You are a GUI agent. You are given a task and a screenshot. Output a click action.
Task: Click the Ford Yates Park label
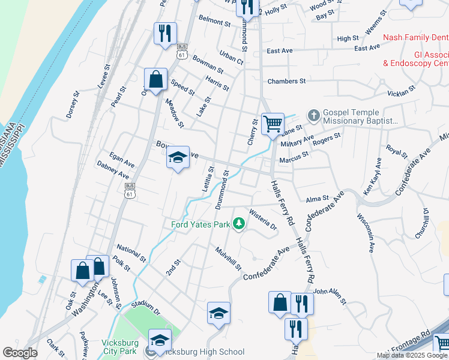point(201,225)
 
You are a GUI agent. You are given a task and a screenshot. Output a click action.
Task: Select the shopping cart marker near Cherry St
point(273,124)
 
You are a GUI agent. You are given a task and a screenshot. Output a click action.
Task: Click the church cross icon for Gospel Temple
point(313,115)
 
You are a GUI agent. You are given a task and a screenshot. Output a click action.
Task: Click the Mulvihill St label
point(228,257)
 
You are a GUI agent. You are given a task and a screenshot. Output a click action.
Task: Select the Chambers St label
point(286,81)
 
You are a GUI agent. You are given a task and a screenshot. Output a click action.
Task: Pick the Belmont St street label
point(214,23)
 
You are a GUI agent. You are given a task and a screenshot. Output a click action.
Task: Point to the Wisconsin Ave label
point(366,232)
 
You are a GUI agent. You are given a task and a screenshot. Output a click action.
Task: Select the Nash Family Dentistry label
point(415,37)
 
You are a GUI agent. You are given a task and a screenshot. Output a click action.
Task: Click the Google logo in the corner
point(20,353)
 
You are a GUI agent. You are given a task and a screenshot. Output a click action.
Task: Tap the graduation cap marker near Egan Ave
point(178,157)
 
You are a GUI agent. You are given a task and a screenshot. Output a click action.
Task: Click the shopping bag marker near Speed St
point(155,79)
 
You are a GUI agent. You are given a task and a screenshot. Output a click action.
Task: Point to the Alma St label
point(318,199)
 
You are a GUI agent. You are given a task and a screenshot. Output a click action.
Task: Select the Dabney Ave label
point(112,169)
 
